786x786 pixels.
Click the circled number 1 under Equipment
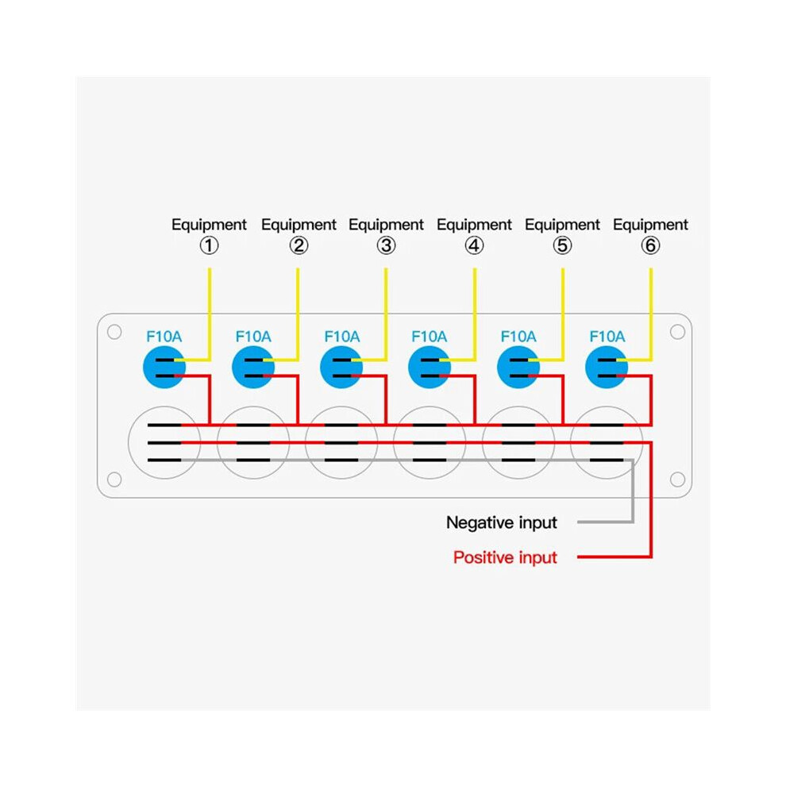[209, 245]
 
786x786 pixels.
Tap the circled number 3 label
[386, 245]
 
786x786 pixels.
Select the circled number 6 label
[651, 245]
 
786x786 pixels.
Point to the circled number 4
[474, 245]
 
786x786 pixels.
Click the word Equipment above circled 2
[299, 225]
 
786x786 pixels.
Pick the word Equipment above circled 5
[562, 225]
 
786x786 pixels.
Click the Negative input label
[501, 523]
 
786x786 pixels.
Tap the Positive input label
[505, 557]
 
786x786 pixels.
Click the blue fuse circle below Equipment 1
[164, 367]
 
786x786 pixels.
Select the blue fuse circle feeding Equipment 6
[607, 367]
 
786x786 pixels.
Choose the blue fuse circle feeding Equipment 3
[341, 367]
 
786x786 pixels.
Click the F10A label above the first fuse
[164, 337]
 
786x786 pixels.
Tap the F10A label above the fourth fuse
[429, 337]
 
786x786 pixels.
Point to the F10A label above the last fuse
[607, 337]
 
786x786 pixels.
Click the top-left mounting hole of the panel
[114, 332]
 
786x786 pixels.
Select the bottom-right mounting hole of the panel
[677, 480]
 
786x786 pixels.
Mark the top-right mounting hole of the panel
[677, 332]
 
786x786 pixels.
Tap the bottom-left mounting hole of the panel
[114, 480]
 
